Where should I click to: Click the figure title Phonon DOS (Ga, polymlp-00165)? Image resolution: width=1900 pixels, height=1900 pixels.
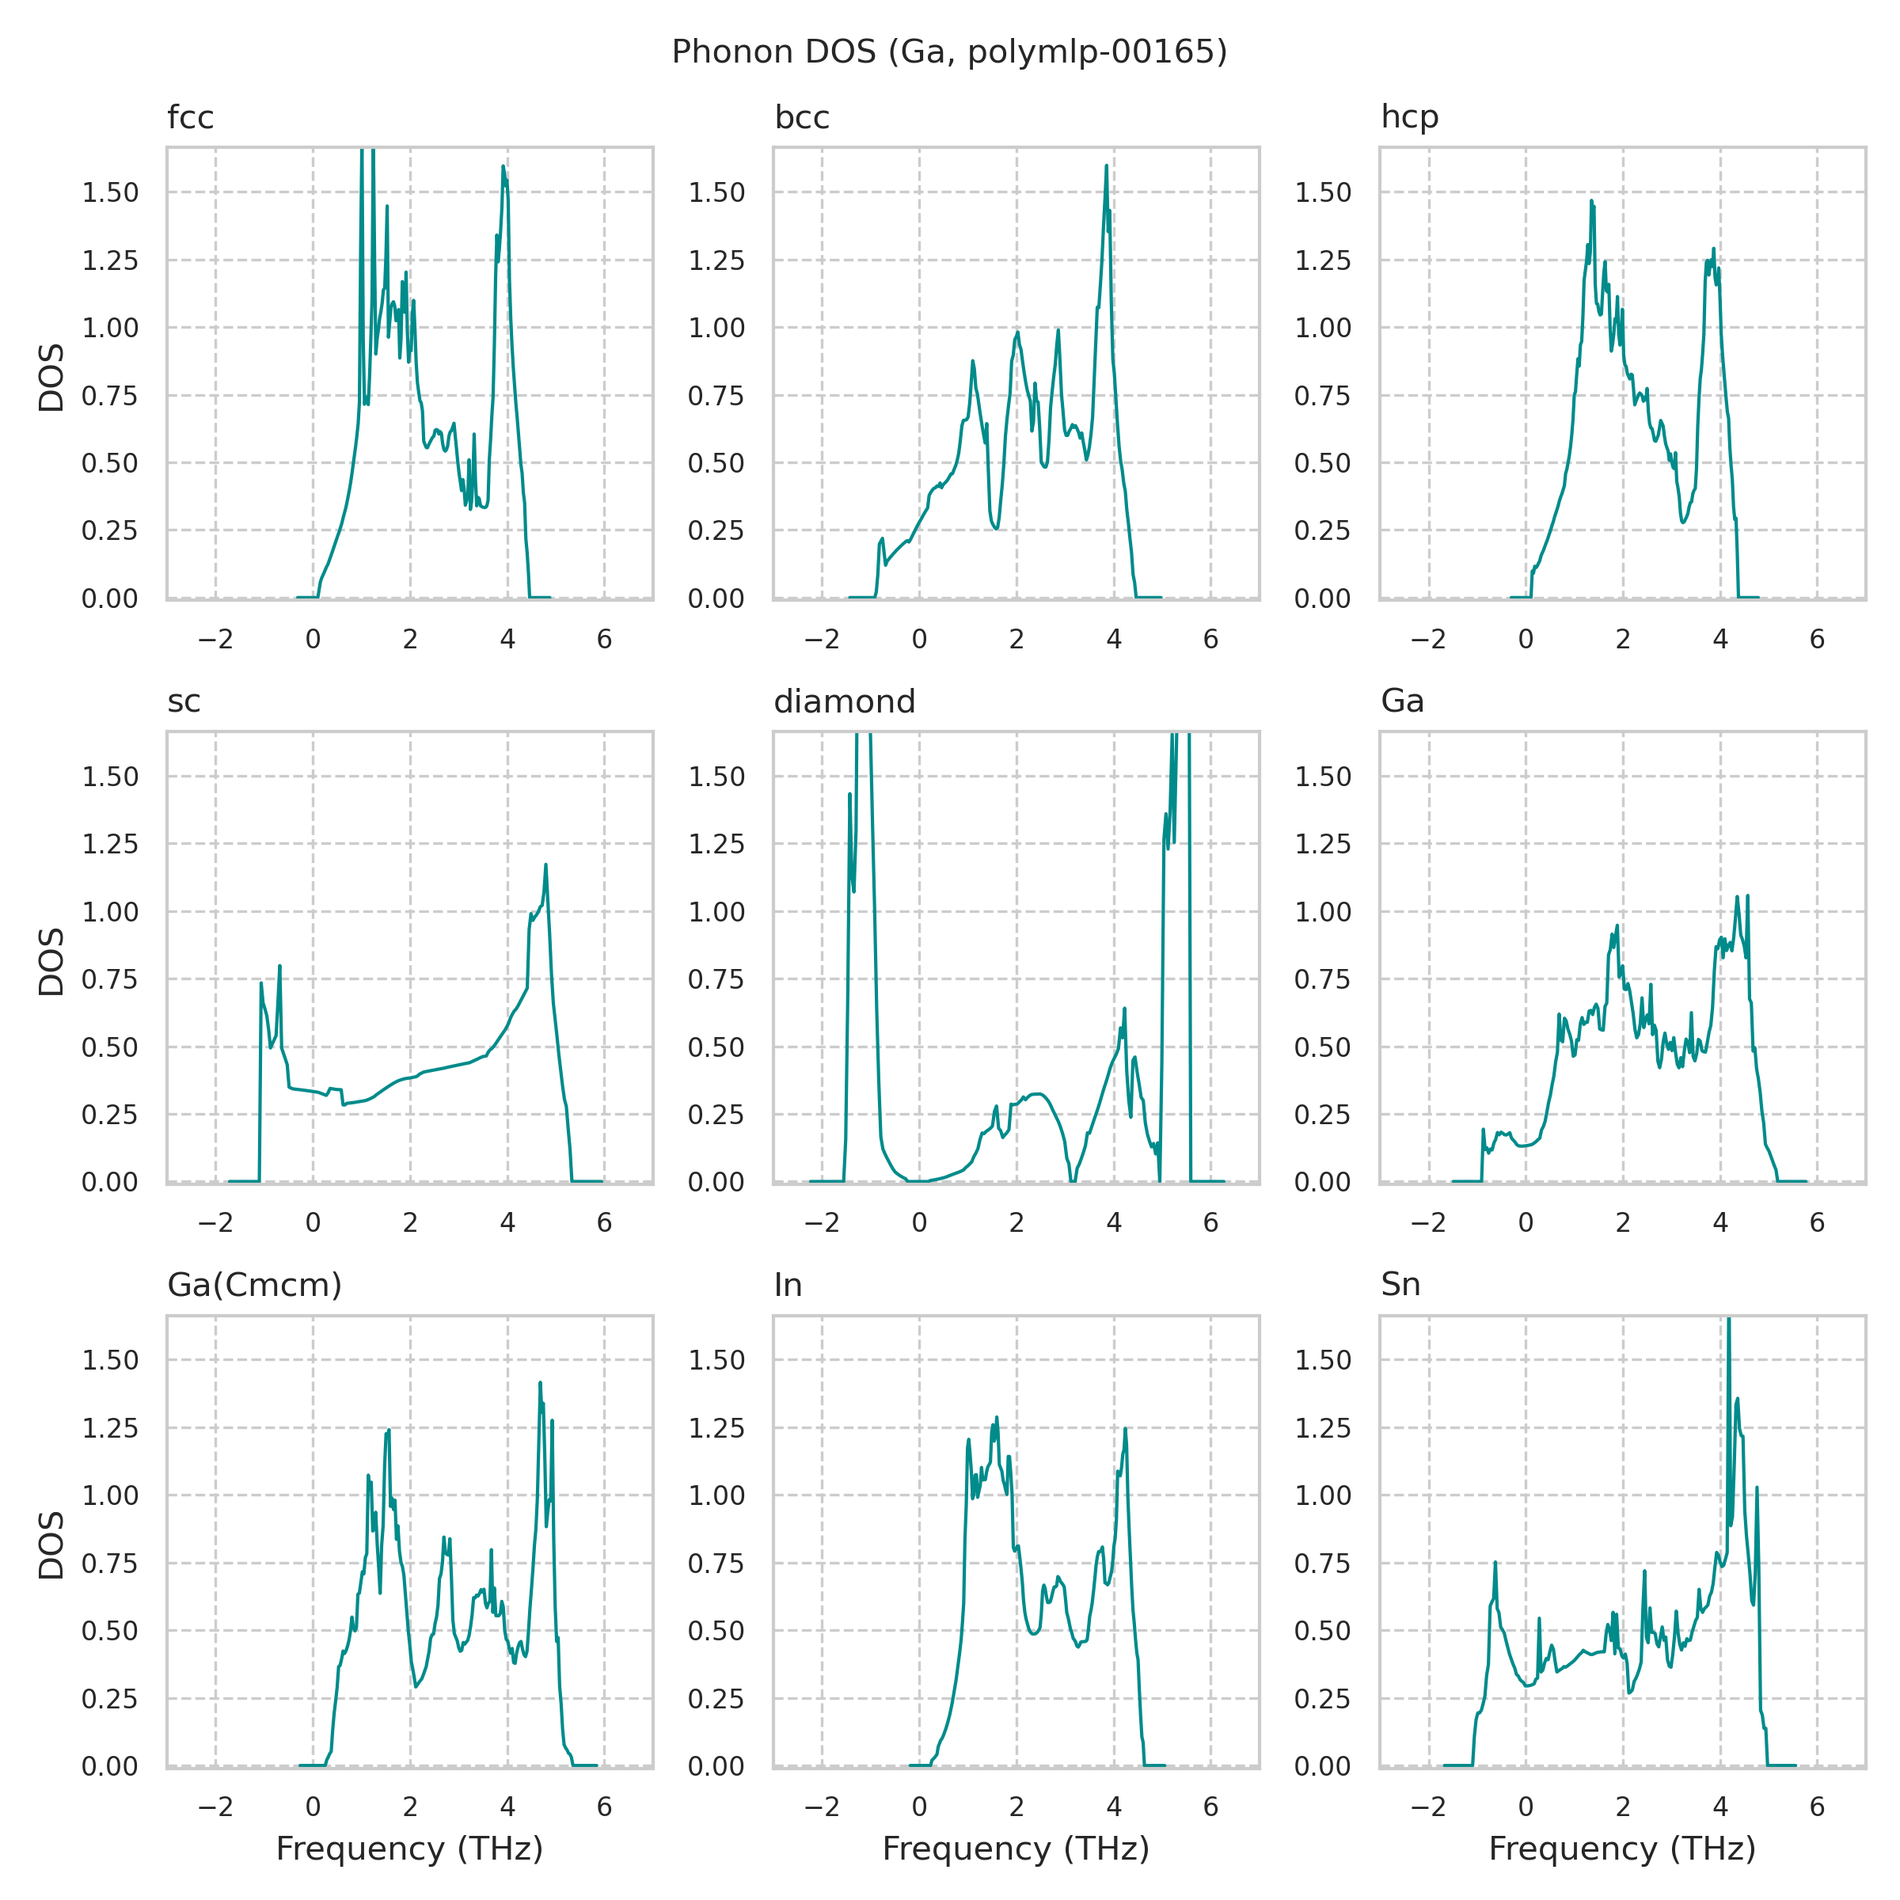(x=949, y=52)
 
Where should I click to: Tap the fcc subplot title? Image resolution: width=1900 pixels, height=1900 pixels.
(x=190, y=118)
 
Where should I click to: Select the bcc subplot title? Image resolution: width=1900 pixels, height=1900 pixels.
(x=801, y=118)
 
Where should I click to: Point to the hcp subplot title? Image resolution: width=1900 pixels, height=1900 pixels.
(x=1409, y=118)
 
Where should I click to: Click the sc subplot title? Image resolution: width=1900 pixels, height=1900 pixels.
(x=184, y=702)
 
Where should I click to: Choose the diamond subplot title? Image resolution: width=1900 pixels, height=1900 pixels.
(x=844, y=702)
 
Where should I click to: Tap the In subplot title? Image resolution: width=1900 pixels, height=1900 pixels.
(x=788, y=1286)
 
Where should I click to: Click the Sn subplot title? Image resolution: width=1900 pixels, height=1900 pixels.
(x=1400, y=1286)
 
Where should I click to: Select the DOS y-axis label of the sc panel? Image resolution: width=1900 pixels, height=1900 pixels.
(x=51, y=961)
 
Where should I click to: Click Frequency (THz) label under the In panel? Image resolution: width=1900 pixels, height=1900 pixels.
(x=1016, y=1849)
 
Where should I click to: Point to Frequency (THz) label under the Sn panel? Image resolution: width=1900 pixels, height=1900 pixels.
(x=1623, y=1849)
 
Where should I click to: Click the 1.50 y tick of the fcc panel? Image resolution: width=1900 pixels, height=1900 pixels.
(x=110, y=192)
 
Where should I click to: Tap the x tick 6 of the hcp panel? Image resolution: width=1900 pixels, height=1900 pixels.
(x=1816, y=640)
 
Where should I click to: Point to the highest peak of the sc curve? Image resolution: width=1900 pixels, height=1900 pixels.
(x=545, y=865)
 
